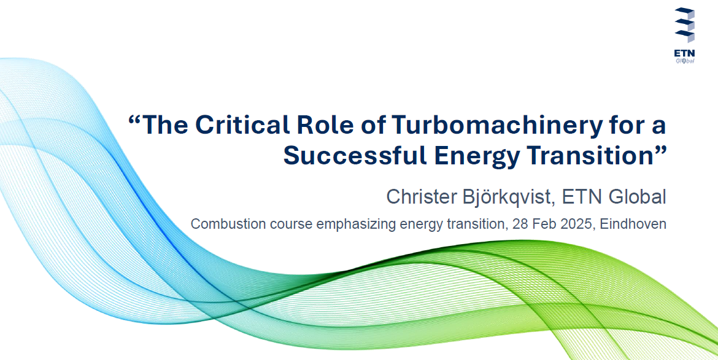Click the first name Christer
tap(419, 197)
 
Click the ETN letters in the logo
tap(684, 53)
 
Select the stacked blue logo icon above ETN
tap(685, 25)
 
